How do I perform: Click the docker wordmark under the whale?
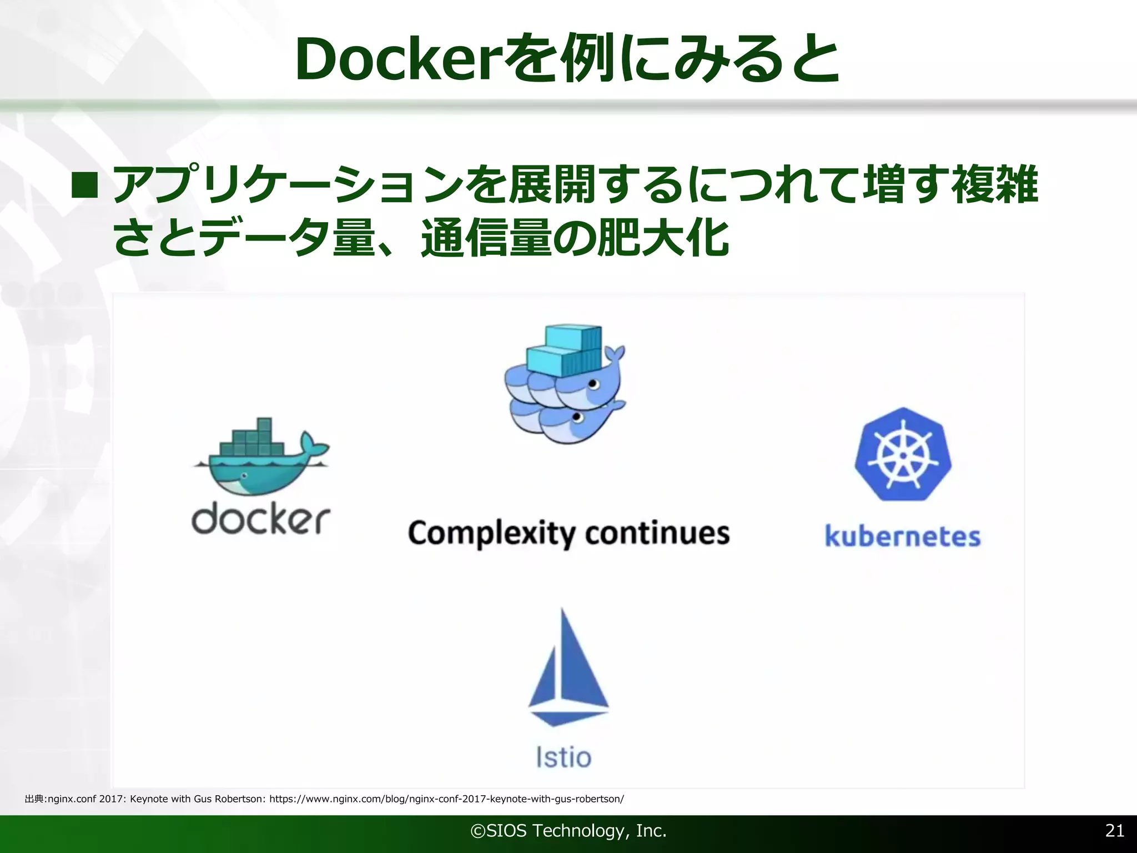pos(260,520)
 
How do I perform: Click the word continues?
pos(657,533)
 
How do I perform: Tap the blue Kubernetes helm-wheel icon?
pos(903,455)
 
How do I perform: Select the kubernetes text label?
pos(903,536)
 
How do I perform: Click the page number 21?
pos(1115,830)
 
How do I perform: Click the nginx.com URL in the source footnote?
pos(446,799)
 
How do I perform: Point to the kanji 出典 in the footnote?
pos(34,799)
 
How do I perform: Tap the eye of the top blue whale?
pos(593,384)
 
